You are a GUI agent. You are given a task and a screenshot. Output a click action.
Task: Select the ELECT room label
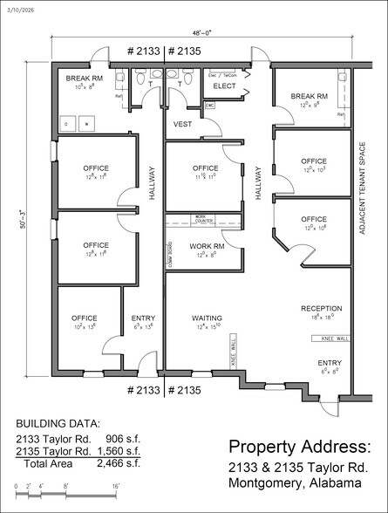tap(225, 86)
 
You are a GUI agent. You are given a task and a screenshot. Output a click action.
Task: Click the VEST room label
tap(182, 125)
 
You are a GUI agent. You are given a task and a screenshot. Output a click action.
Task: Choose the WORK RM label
tap(203, 248)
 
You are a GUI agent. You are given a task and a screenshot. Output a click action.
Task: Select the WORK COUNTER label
tap(201, 218)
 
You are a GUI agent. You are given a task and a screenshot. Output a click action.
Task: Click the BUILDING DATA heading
tap(58, 422)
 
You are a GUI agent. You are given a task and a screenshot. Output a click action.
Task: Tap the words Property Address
tap(300, 447)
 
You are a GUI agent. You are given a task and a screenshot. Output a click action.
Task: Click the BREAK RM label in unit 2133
tap(85, 78)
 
